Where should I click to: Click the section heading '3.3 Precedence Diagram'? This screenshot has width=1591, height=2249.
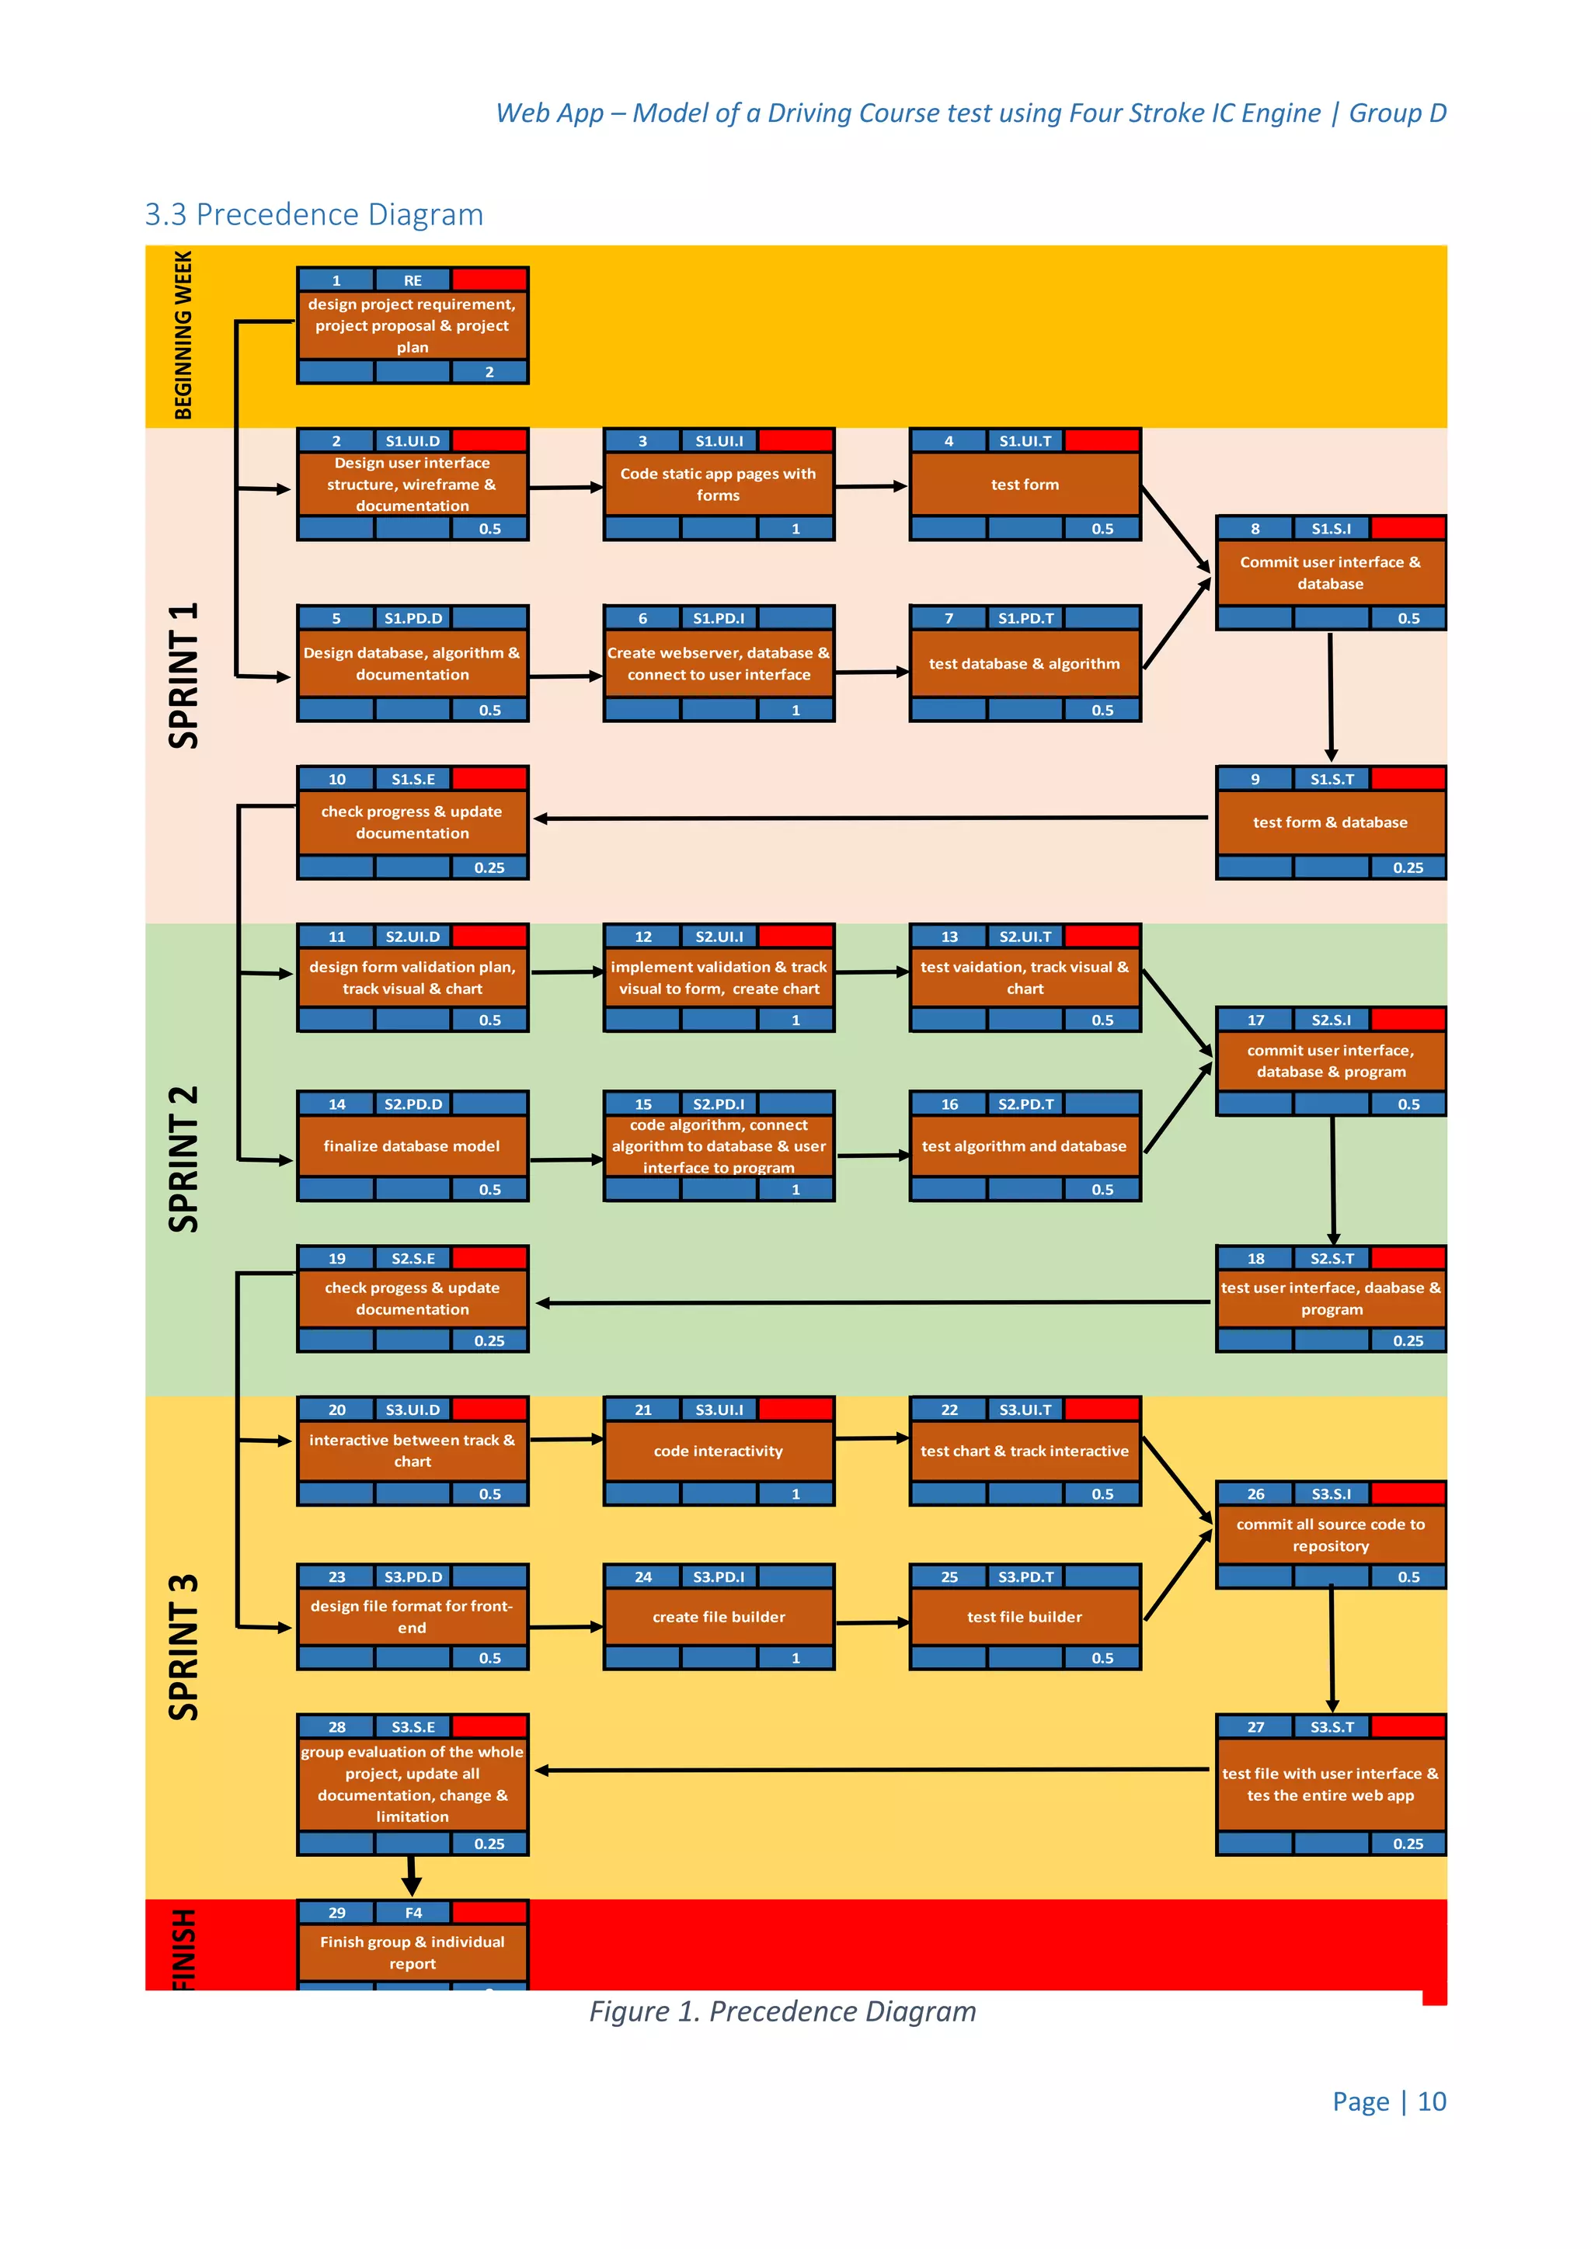click(314, 214)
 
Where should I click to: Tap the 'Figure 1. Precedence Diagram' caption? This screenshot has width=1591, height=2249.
click(782, 2011)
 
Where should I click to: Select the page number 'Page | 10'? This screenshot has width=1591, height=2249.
click(1388, 2101)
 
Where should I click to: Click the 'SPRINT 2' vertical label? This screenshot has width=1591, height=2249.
click(184, 1159)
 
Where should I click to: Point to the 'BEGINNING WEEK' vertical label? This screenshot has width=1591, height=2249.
click(183, 335)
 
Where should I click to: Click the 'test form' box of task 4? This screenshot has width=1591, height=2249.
click(1025, 484)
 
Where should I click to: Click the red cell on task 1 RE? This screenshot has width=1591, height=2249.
click(489, 280)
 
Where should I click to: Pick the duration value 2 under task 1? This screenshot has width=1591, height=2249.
click(489, 372)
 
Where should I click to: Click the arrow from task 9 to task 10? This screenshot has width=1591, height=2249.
click(872, 818)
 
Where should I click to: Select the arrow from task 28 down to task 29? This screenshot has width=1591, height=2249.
click(413, 1875)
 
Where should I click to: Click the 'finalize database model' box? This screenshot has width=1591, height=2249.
click(412, 1146)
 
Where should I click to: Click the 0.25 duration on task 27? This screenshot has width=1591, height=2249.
click(1408, 1844)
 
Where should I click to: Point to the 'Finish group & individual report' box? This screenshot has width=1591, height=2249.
click(412, 1952)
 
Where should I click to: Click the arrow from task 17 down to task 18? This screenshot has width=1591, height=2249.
click(1332, 1180)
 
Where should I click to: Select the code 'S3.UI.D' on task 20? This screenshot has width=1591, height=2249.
click(413, 1410)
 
